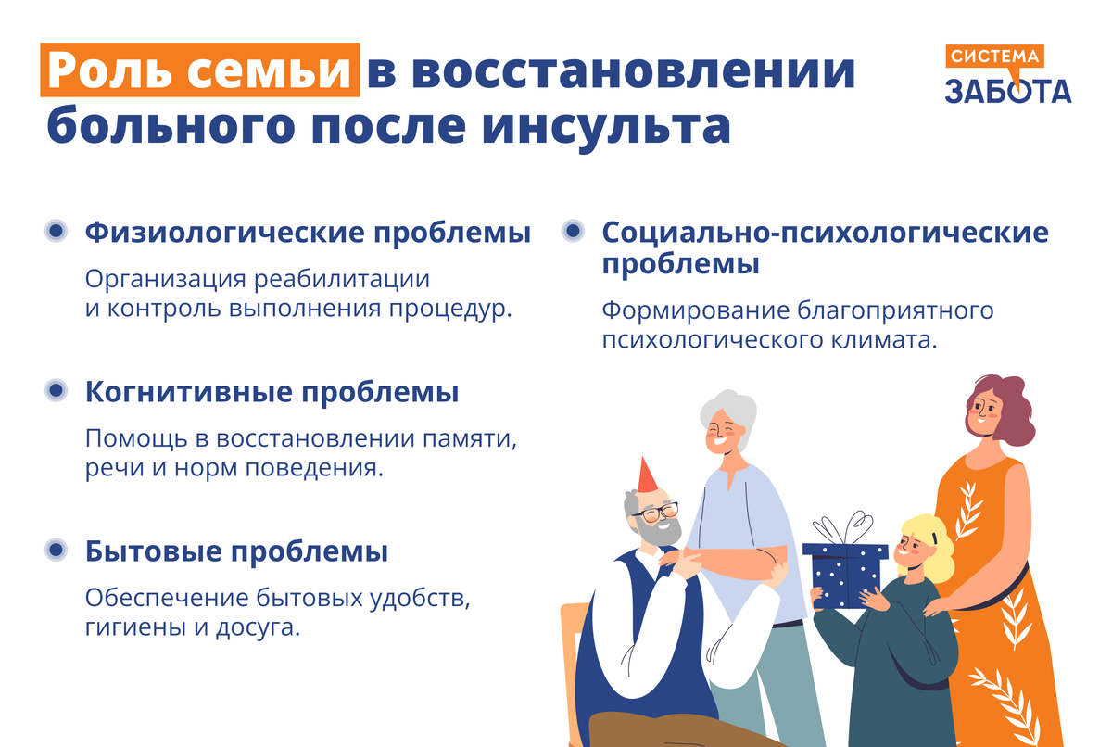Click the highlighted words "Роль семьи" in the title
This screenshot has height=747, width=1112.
pos(199,71)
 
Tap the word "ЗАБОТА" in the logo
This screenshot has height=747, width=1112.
pos(1007,90)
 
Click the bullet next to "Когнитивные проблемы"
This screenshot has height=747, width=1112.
pos(57,391)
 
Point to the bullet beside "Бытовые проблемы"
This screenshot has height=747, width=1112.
pos(57,551)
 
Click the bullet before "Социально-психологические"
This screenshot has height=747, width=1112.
pos(574,231)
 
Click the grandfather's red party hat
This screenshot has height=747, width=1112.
pos(647,477)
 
